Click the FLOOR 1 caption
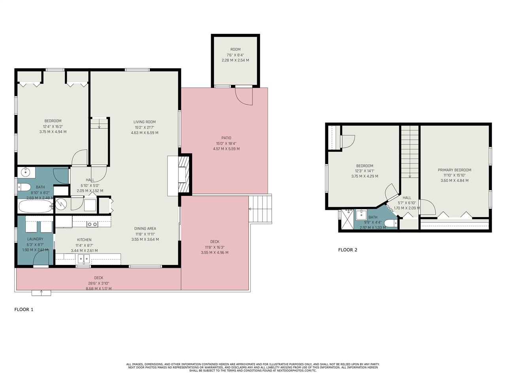click(x=24, y=310)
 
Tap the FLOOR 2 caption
click(x=348, y=250)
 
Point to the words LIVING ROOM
click(x=144, y=122)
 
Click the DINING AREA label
click(x=145, y=229)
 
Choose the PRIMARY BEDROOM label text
click(x=454, y=170)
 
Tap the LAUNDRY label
click(x=35, y=239)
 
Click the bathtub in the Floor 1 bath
click(x=35, y=206)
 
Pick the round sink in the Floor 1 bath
click(x=26, y=172)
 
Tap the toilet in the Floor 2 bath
click(x=391, y=223)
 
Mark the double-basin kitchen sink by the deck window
click(x=83, y=259)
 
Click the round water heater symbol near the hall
click(x=61, y=204)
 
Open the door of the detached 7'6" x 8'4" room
click(x=244, y=96)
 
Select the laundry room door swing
click(x=41, y=259)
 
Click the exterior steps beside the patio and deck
click(x=261, y=209)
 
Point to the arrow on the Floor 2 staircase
click(x=410, y=176)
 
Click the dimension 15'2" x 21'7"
click(x=144, y=128)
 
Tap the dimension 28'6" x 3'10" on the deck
click(x=98, y=283)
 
